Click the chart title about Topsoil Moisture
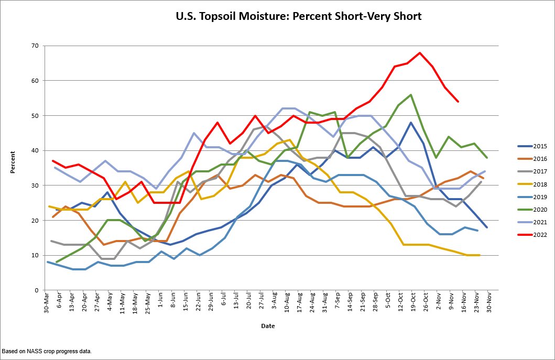pyautogui.click(x=298, y=16)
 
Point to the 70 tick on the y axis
pyautogui.click(x=35, y=46)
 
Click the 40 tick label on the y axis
pyautogui.click(x=35, y=150)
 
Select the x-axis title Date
pyautogui.click(x=267, y=326)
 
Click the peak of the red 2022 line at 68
pyautogui.click(x=420, y=53)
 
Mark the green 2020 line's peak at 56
pyautogui.click(x=410, y=95)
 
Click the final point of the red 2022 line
pyautogui.click(x=458, y=102)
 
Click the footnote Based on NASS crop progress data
pyautogui.click(x=47, y=351)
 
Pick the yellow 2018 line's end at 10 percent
pyautogui.click(x=480, y=255)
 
